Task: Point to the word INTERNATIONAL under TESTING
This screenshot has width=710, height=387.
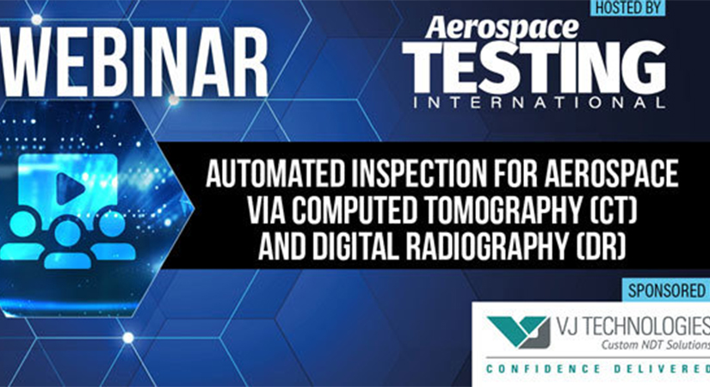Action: coord(539,103)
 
